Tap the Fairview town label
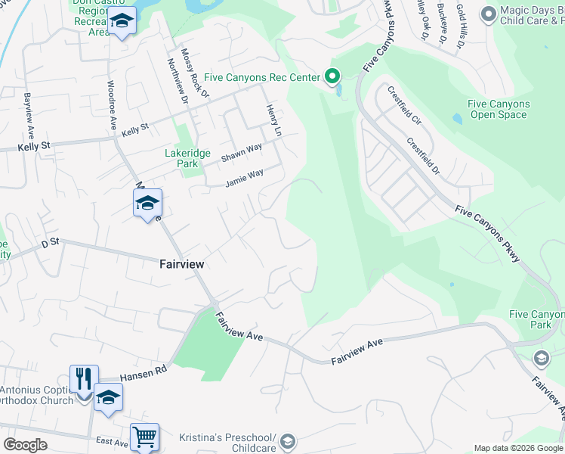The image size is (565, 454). pos(182,265)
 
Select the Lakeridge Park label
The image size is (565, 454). pos(181,157)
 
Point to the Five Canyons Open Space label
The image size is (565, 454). pos(498,109)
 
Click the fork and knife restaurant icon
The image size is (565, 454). pos(84,379)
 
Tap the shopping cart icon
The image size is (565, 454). pos(144,437)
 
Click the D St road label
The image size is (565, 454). pos(51,244)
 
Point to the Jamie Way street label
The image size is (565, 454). pos(244,179)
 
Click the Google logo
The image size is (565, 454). pos(25,444)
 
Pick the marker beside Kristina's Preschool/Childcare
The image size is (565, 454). pos(289,441)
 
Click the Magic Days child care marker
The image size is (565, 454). pos(488,14)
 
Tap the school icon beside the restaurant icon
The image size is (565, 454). pos(108,397)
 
